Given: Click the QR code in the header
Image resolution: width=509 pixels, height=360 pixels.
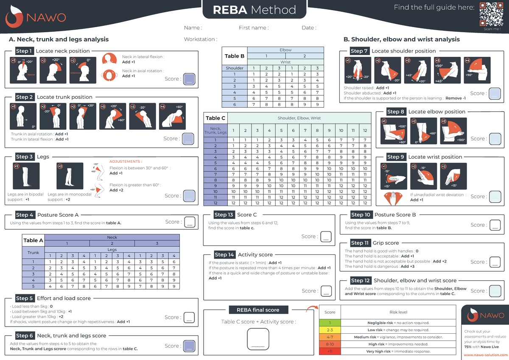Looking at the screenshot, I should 491,14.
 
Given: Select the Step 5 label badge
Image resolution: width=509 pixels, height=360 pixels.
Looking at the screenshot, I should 24,298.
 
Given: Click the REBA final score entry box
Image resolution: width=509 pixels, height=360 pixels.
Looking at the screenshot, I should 258,339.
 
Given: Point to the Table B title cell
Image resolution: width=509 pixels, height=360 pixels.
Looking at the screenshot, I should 235,56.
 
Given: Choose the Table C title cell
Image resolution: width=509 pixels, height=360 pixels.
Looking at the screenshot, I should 215,118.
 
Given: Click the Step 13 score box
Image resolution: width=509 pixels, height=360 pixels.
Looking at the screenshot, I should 326,237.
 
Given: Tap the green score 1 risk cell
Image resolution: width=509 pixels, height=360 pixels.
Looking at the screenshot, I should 330,323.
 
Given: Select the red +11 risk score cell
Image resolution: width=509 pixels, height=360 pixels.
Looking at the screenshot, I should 330,352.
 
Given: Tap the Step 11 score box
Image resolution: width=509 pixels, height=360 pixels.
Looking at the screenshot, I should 495,262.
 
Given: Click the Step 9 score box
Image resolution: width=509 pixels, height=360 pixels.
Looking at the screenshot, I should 495,196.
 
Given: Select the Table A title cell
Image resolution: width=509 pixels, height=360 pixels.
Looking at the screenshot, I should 33,240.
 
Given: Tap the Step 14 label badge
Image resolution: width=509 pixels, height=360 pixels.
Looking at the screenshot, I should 224,254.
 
